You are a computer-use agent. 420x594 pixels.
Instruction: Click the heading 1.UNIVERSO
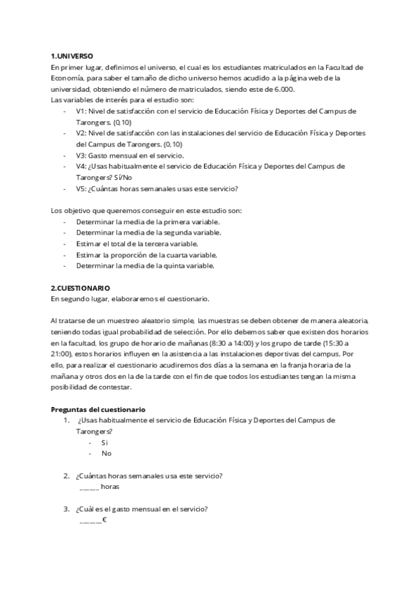pyautogui.click(x=72, y=55)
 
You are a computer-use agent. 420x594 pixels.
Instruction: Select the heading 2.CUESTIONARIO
pyautogui.click(x=80, y=288)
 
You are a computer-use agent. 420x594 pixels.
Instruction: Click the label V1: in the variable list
pyautogui.click(x=81, y=111)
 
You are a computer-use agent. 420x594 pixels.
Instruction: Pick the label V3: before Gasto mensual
pyautogui.click(x=81, y=156)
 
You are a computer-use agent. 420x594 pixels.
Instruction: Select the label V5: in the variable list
pyautogui.click(x=81, y=188)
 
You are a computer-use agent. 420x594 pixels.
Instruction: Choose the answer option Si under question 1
pyautogui.click(x=104, y=443)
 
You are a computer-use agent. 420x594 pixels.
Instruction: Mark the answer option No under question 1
pyautogui.click(x=106, y=453)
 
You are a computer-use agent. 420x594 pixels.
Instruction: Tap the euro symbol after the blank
pyautogui.click(x=104, y=520)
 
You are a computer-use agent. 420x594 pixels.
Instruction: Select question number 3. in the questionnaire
pyautogui.click(x=66, y=509)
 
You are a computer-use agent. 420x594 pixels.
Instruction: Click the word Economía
pyautogui.click(x=67, y=78)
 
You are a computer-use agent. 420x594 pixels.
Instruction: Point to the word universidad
pyautogui.click(x=69, y=89)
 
